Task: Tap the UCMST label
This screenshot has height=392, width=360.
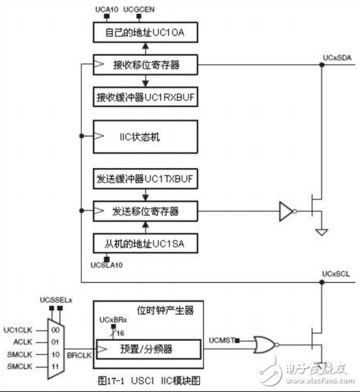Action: [220, 340]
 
